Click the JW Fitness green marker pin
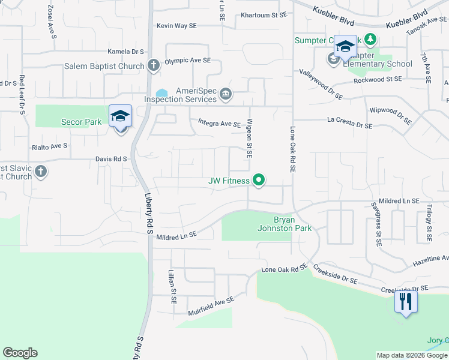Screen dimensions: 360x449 tap(259, 180)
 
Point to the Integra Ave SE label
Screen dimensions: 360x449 tap(219, 124)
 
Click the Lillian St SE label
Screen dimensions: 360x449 tap(172, 286)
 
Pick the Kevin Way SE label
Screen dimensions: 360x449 tap(176, 26)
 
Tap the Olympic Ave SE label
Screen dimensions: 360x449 tap(188, 61)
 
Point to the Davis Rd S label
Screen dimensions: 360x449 tap(112, 159)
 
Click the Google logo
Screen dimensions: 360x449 tap(20, 353)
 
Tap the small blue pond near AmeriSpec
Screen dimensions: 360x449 tap(161, 93)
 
